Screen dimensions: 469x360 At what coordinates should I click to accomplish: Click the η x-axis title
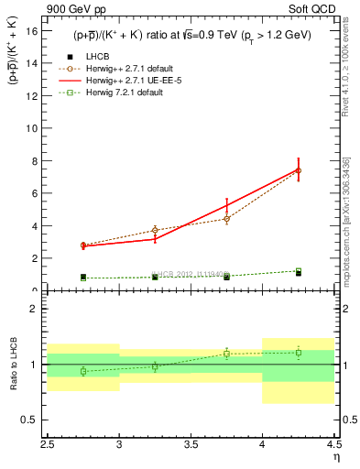pos(336,456)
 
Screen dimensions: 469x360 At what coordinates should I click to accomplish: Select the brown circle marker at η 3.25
pos(155,230)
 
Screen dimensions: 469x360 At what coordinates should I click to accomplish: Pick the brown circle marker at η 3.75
pos(226,219)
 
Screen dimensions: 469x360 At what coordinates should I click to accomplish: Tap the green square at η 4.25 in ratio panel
pos(298,353)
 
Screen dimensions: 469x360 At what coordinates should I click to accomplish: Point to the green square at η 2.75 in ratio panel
pos(83,371)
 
